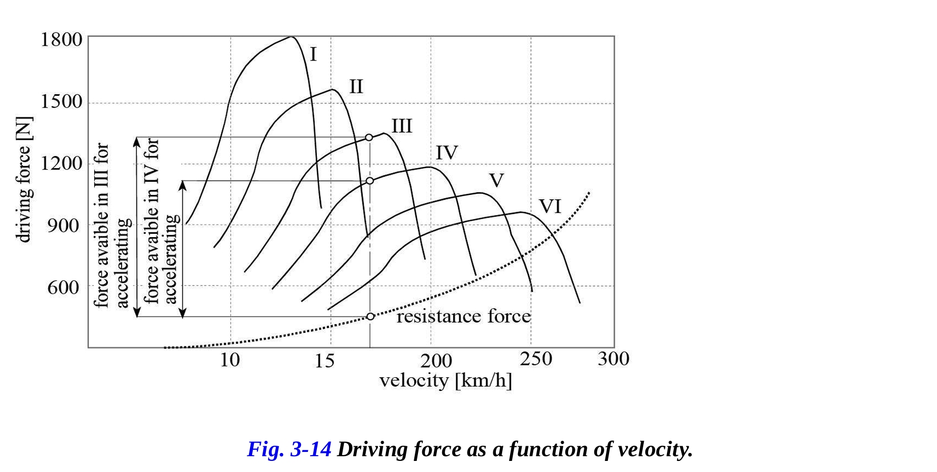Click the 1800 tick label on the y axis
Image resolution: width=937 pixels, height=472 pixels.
(62, 40)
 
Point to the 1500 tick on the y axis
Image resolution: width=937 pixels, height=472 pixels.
(62, 101)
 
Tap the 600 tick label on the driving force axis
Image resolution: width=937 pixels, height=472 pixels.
(63, 288)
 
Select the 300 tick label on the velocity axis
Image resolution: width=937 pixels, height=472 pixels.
(613, 359)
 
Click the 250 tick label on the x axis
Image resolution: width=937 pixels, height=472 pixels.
(536, 359)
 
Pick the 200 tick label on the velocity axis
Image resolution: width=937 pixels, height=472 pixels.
(436, 361)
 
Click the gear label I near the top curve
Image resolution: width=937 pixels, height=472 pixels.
(313, 54)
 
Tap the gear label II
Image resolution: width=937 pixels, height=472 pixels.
(356, 86)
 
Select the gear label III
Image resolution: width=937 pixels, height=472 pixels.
(402, 126)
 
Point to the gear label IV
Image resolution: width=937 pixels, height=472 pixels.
(446, 153)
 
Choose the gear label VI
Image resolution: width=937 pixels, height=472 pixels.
(550, 206)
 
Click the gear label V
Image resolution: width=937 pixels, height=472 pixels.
(496, 181)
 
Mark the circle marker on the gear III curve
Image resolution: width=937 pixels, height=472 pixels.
(369, 137)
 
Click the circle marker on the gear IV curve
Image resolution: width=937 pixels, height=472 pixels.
(370, 181)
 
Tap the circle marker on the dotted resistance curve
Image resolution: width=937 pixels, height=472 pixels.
(370, 316)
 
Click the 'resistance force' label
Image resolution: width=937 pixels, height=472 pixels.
(463, 316)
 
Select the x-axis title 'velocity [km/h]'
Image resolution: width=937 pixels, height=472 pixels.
(445, 380)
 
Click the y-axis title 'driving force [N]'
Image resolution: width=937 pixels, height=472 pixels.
(24, 179)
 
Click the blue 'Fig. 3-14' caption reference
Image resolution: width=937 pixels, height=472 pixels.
(289, 449)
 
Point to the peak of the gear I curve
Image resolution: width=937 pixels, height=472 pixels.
(291, 37)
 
